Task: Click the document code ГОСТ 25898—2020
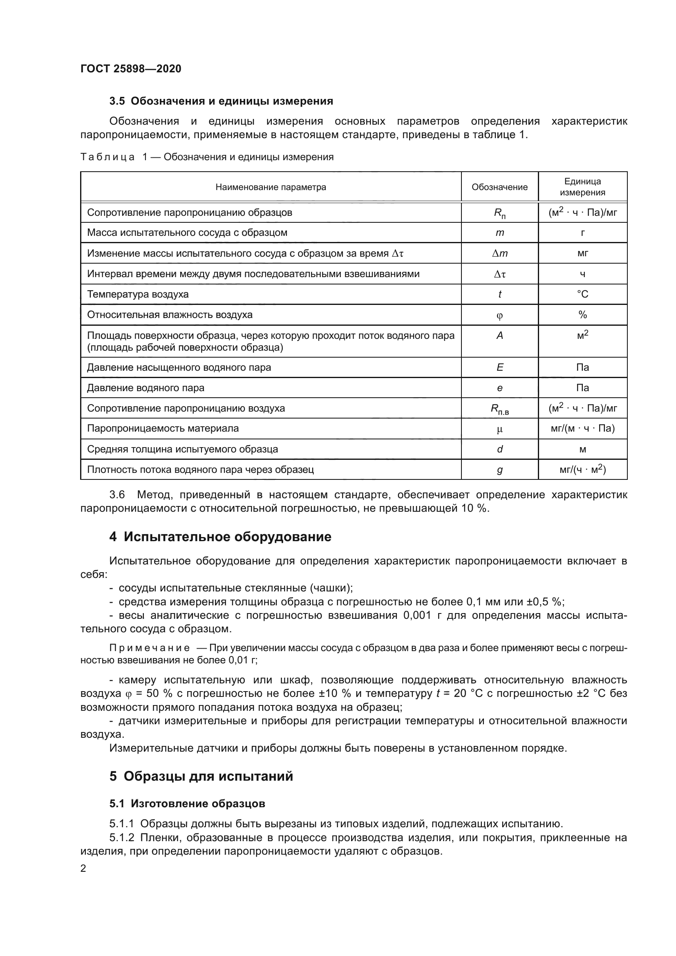(131, 69)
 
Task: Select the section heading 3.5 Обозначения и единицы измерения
(221, 101)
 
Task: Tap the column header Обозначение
(499, 187)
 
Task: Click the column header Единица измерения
(582, 187)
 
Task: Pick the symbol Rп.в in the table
(499, 409)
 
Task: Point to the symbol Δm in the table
(499, 253)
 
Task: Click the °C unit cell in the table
(582, 294)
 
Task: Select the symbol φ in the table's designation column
(499, 315)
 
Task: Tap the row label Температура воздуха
(137, 294)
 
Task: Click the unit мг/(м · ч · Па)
(582, 428)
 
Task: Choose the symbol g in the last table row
(499, 470)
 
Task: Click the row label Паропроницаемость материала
(163, 428)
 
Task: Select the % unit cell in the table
(582, 315)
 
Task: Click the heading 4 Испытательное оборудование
(220, 537)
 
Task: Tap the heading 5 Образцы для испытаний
(201, 776)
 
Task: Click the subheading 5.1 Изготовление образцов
(187, 804)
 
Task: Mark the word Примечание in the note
(150, 648)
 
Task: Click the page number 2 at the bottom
(83, 868)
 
